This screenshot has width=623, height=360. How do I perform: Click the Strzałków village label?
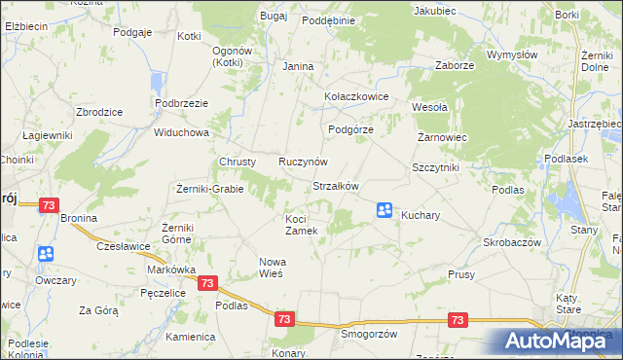pos(336,186)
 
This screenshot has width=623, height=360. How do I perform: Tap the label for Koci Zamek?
pos(302,225)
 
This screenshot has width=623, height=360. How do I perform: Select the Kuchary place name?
pos(421,214)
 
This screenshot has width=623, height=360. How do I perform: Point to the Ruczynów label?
pos(303,162)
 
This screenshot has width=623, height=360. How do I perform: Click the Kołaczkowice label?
pos(356,97)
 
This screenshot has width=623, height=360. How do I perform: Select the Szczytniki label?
pos(435,167)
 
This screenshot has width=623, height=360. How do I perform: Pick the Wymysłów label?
pos(512,55)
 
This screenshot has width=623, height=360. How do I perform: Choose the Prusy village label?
pos(461,275)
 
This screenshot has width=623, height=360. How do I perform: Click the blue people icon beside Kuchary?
pos(385,209)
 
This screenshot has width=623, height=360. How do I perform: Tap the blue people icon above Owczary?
pos(46,255)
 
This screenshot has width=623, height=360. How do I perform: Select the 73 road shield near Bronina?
pos(50,206)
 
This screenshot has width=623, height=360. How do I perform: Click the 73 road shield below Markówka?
pos(206,283)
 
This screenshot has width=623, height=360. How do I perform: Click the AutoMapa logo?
pos(555,341)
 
